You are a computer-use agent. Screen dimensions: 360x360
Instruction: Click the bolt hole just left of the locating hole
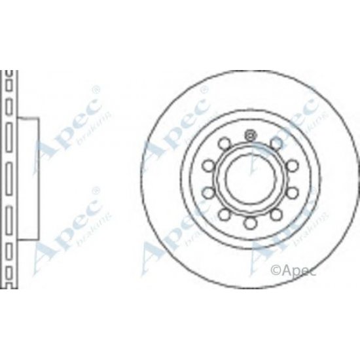(223, 141)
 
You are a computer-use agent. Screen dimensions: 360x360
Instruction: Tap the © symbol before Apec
(276, 268)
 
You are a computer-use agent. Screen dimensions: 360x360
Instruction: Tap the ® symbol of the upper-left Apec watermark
(96, 88)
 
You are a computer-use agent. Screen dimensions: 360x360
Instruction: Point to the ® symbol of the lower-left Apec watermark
(96, 192)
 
